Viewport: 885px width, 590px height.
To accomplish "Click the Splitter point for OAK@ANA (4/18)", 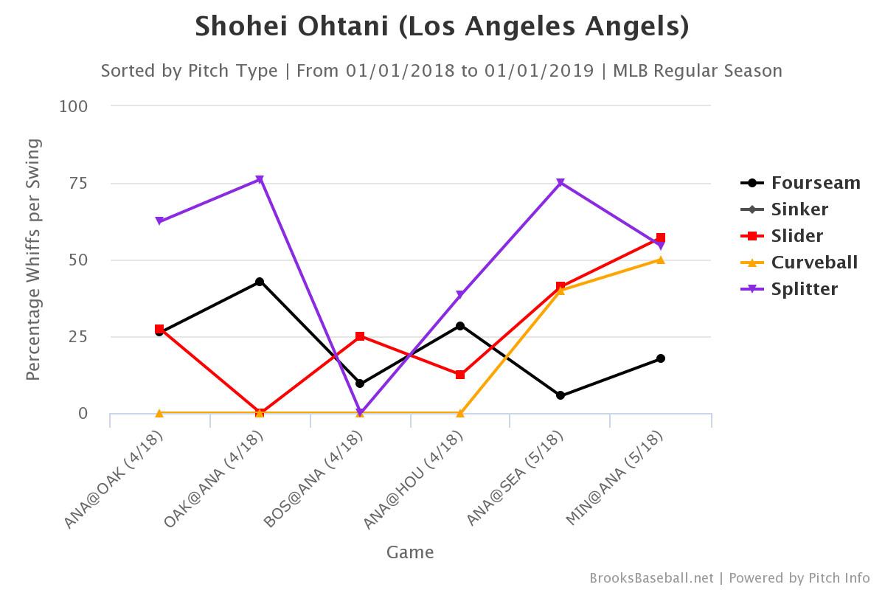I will pyautogui.click(x=260, y=179).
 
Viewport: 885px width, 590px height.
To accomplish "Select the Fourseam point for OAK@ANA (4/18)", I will pyautogui.click(x=260, y=282).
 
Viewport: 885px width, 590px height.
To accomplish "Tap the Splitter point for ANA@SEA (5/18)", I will pyautogui.click(x=560, y=182).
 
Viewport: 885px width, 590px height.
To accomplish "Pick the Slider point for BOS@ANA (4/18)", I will pyautogui.click(x=360, y=336).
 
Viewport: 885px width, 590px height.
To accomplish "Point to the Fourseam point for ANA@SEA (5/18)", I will pyautogui.click(x=560, y=395).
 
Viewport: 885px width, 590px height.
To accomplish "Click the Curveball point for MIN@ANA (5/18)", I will pyautogui.click(x=661, y=260).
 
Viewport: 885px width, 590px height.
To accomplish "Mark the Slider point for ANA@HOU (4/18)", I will pyautogui.click(x=460, y=375).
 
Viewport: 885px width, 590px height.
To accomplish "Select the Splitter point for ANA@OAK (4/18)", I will pyautogui.click(x=159, y=221).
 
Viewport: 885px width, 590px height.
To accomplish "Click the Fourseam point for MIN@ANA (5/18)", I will pyautogui.click(x=661, y=358).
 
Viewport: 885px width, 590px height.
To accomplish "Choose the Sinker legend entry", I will pyautogui.click(x=799, y=209).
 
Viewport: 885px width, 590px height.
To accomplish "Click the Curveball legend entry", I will pyautogui.click(x=814, y=263).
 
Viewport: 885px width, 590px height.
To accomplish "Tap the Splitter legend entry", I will pyautogui.click(x=804, y=289).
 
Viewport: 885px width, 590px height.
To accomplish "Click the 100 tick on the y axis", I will pyautogui.click(x=74, y=106).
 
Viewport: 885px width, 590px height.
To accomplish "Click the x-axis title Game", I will pyautogui.click(x=410, y=552).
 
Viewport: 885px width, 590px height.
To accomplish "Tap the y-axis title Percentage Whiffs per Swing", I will pyautogui.click(x=32, y=260).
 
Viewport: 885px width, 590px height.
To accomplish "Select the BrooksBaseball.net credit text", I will pyautogui.click(x=651, y=578).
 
